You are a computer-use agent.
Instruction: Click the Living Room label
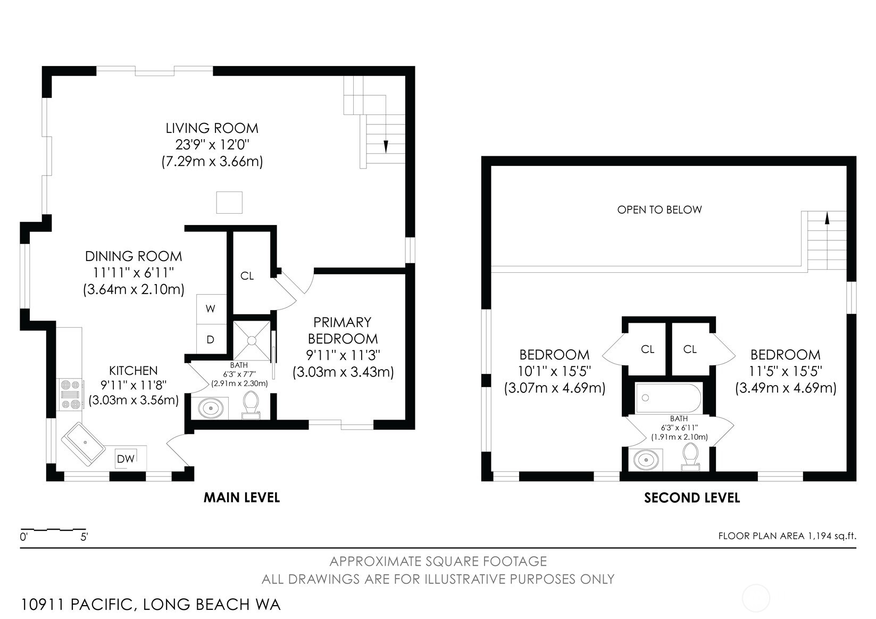tap(212, 128)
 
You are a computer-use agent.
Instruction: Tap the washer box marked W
tap(211, 309)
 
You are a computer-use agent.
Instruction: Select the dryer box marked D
tap(211, 339)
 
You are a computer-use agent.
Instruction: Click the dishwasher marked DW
tap(126, 458)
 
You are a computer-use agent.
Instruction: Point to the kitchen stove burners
tap(71, 395)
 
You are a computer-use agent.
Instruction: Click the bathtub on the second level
tap(668, 398)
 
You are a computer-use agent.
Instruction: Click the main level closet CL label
tap(247, 276)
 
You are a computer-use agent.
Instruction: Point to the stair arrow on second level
tap(827, 218)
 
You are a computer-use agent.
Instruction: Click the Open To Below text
tap(659, 210)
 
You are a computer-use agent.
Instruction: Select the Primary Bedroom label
tap(343, 330)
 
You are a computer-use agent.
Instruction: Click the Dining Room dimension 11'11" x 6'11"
tap(134, 273)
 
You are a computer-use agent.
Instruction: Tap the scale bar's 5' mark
tap(84, 537)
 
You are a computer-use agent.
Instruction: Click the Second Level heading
tap(691, 498)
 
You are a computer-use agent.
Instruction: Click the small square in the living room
tap(229, 203)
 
